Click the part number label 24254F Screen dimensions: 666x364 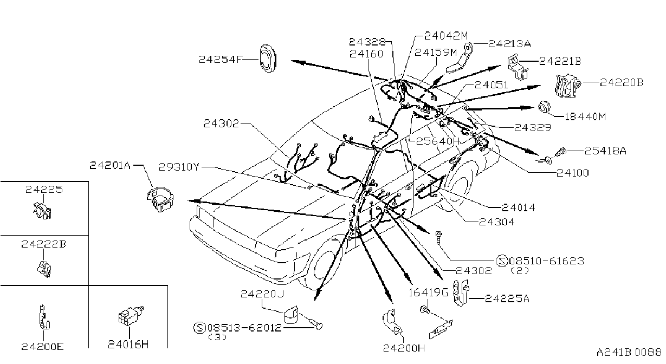(221, 60)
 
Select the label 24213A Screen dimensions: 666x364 (509, 44)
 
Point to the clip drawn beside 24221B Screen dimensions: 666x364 (518, 67)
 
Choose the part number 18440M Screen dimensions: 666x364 (585, 116)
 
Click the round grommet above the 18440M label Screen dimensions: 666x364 (545, 107)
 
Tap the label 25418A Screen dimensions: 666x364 (605, 151)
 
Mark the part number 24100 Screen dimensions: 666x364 (572, 173)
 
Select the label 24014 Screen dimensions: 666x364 (518, 207)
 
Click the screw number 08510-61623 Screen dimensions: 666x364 (546, 261)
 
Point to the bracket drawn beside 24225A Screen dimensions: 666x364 (461, 292)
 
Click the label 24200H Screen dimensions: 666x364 (404, 348)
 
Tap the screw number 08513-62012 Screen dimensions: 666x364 (244, 328)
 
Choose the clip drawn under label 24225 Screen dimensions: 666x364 (42, 210)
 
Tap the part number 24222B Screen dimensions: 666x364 (43, 244)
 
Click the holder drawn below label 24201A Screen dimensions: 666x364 (160, 199)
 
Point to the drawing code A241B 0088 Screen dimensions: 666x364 (629, 352)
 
